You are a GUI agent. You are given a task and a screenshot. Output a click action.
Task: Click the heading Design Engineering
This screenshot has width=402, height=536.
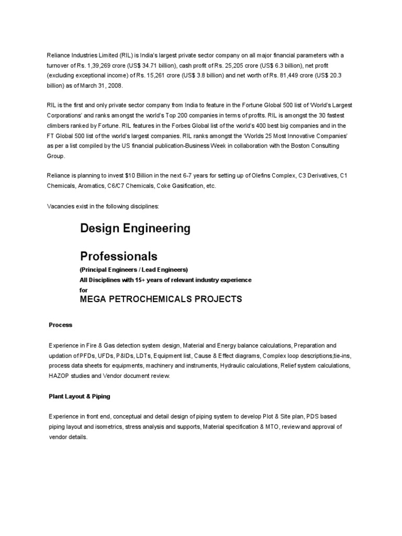click(x=135, y=228)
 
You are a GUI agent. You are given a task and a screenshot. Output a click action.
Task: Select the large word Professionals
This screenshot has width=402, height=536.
click(x=118, y=256)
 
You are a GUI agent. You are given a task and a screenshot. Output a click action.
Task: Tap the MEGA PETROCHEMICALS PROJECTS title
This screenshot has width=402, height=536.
click(x=161, y=299)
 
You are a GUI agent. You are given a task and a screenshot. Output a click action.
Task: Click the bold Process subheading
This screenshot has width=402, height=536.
click(x=60, y=325)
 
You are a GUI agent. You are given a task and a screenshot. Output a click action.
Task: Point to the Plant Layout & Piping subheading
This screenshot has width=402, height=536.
click(x=80, y=396)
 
